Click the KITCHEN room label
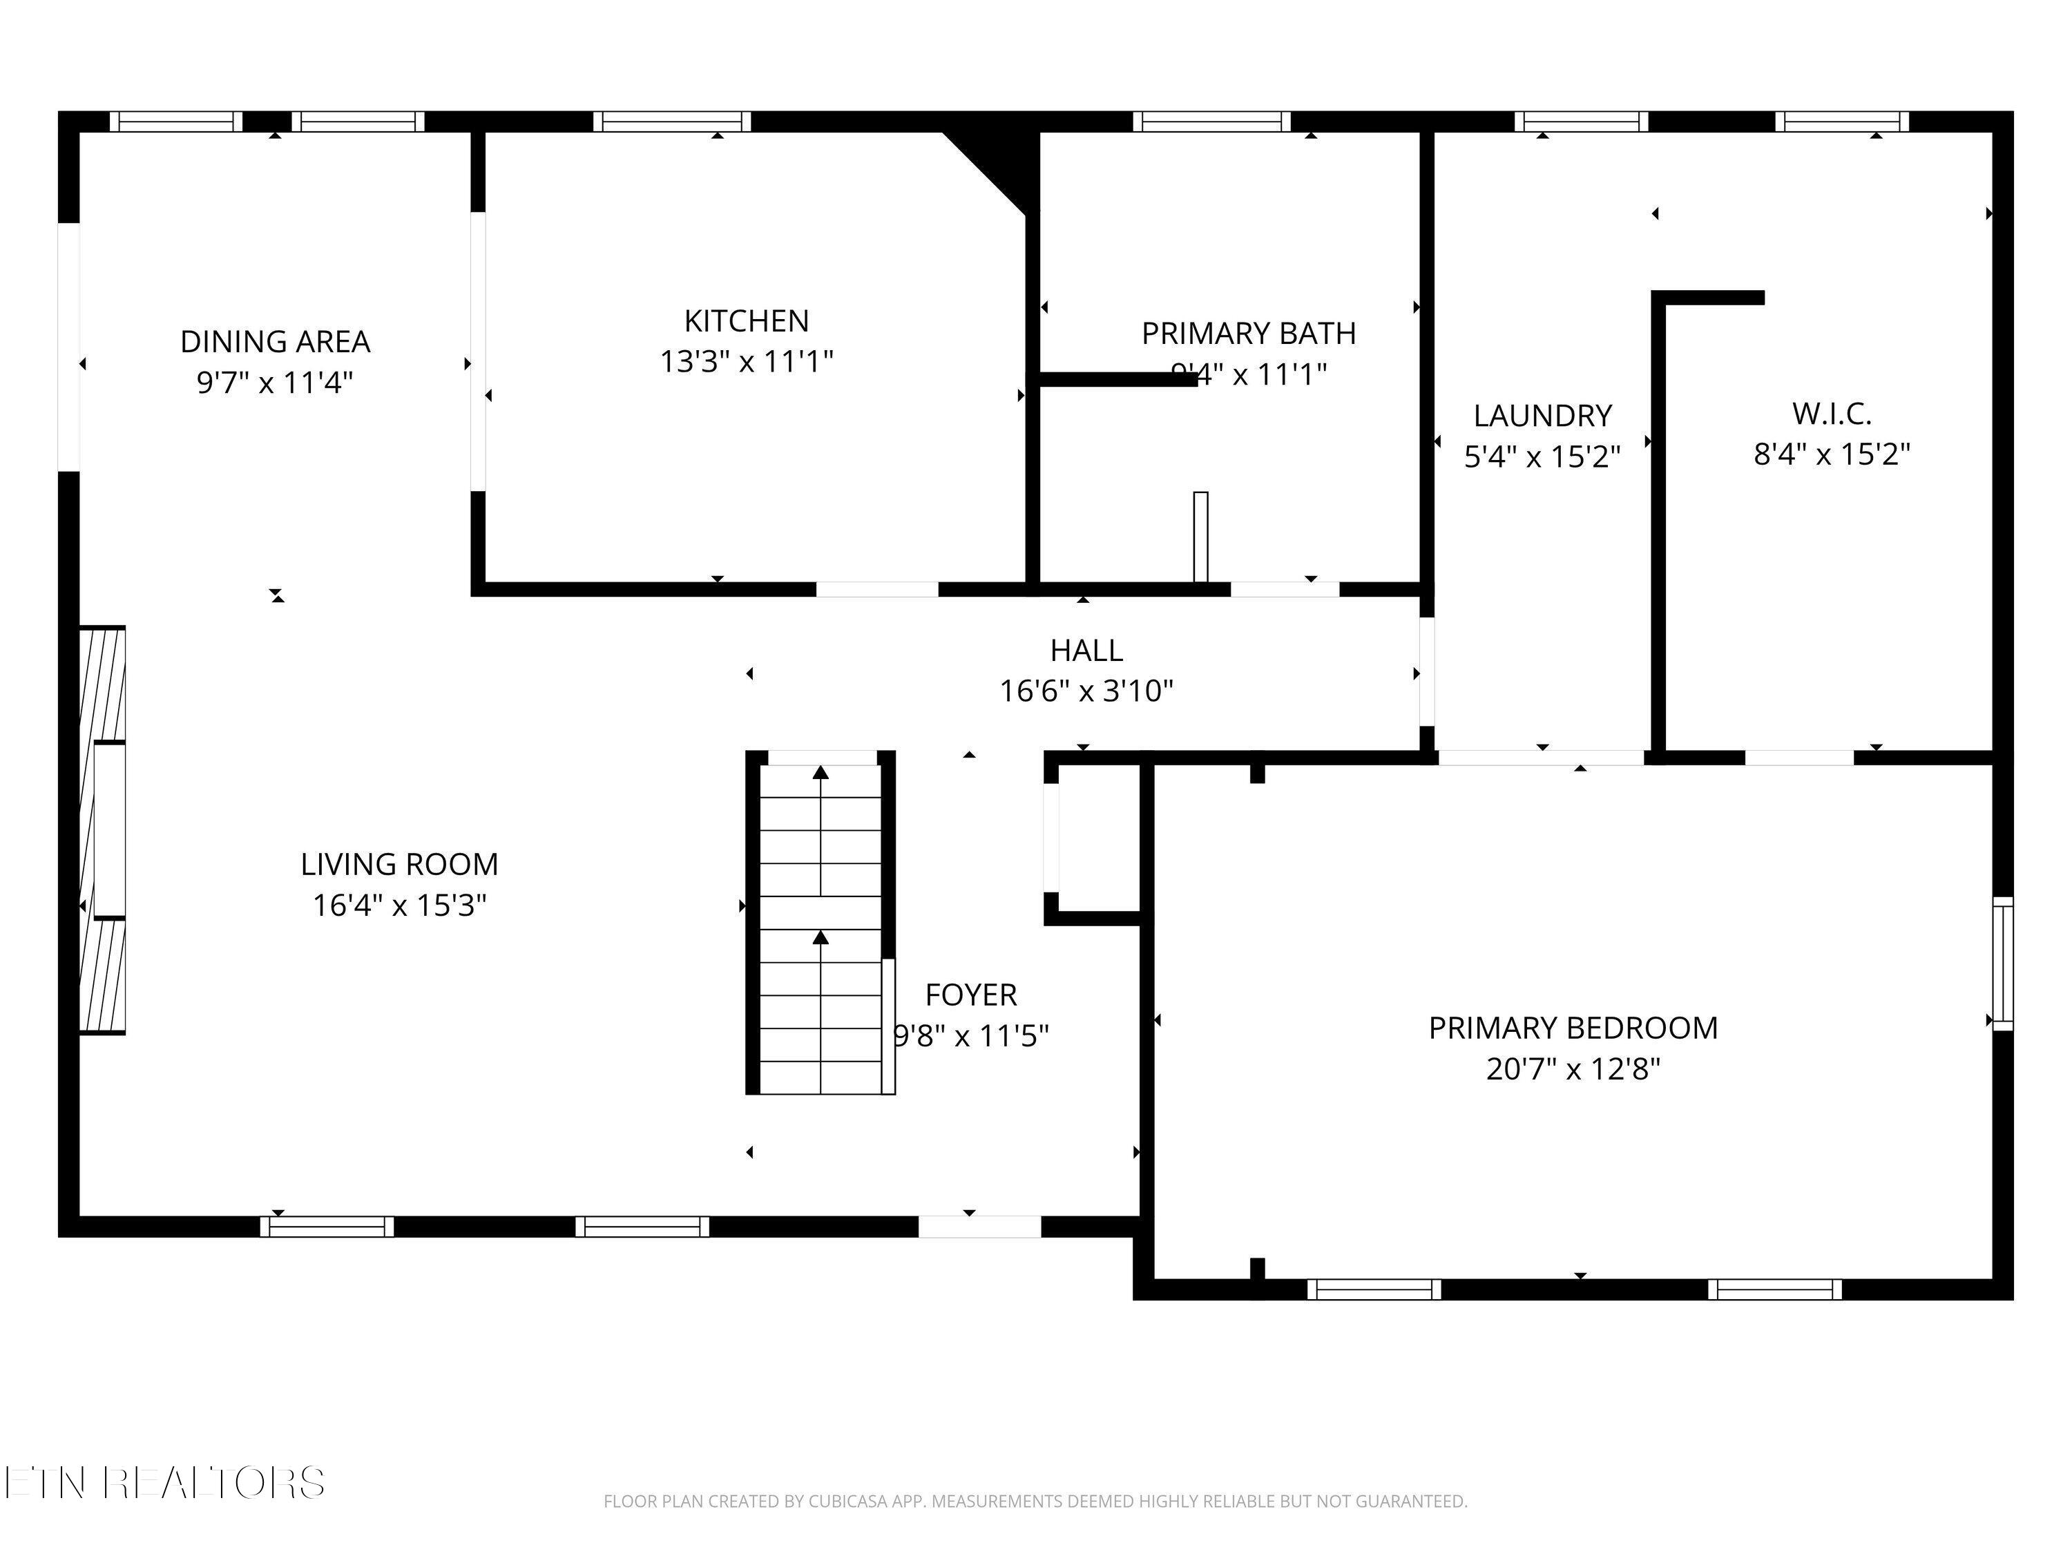[746, 321]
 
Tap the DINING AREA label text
[276, 342]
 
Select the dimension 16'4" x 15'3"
[399, 905]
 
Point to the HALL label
[1086, 650]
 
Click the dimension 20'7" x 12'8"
[1573, 1068]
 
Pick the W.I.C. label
[1831, 413]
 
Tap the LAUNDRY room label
[1542, 415]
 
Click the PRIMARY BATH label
[1248, 334]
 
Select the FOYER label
[970, 995]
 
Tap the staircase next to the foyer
[821, 923]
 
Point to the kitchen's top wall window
[671, 122]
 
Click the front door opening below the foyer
[979, 1226]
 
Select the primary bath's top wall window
[1211, 122]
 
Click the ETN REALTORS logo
[165, 1483]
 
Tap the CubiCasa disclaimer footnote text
[1035, 1502]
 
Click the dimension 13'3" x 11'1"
[746, 362]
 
